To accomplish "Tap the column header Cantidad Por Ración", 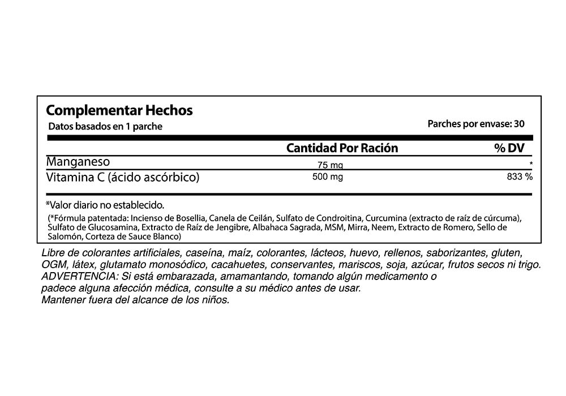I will point(342,148).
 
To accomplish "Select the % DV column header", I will point(509,148).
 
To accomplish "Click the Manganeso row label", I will point(78,161).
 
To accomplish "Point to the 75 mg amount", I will point(330,165).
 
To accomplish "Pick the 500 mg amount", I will point(328,177).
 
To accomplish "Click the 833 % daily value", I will point(520,177).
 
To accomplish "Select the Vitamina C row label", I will point(123,177).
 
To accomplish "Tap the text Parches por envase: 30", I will point(475,123).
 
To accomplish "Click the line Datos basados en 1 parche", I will point(105,126).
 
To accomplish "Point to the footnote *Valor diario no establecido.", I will point(105,204).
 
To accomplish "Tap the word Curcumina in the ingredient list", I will point(386,218).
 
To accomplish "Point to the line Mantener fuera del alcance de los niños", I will point(135,300).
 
